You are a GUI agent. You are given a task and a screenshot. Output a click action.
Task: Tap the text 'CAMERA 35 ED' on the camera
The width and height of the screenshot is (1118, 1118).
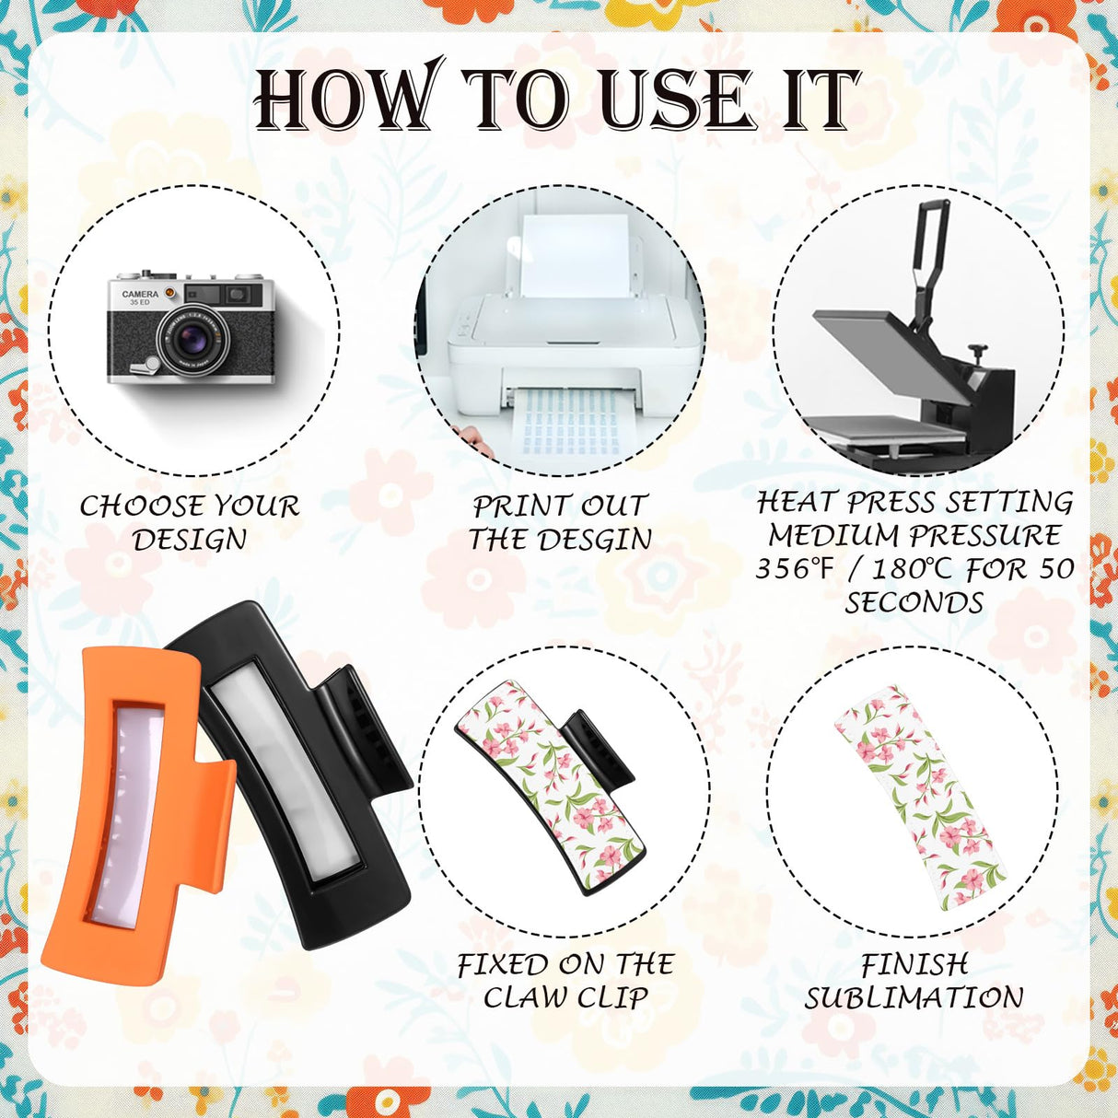[x=140, y=298]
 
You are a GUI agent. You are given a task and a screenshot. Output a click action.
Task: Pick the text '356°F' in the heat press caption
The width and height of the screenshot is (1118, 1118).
[x=793, y=569]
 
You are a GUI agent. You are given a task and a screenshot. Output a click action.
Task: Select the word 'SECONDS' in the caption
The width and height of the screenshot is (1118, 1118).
[x=914, y=603]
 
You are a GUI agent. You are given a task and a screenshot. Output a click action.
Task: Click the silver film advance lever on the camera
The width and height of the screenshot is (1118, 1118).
[x=145, y=366]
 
